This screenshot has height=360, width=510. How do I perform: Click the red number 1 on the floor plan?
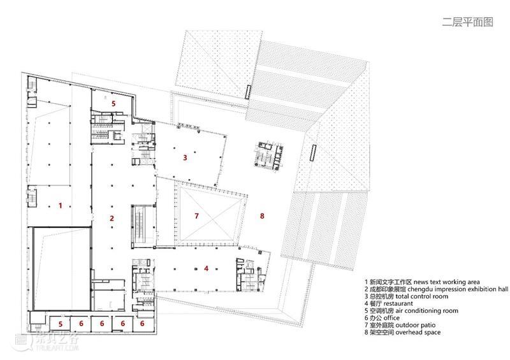[60, 206]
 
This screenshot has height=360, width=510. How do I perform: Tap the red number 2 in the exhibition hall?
[112, 218]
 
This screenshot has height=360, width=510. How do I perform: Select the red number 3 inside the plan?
[185, 158]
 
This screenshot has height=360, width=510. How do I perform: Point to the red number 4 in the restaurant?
[206, 268]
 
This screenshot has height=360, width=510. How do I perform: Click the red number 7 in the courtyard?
[196, 216]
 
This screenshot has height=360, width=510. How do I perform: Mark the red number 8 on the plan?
[262, 215]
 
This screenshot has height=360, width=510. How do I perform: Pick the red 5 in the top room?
[113, 103]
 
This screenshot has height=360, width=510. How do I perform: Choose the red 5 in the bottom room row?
[61, 324]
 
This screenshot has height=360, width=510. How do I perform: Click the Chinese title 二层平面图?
[467, 22]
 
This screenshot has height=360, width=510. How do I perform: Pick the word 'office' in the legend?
[391, 318]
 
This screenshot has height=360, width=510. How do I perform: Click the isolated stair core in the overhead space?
[269, 155]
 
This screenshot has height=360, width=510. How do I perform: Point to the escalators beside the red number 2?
[142, 226]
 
